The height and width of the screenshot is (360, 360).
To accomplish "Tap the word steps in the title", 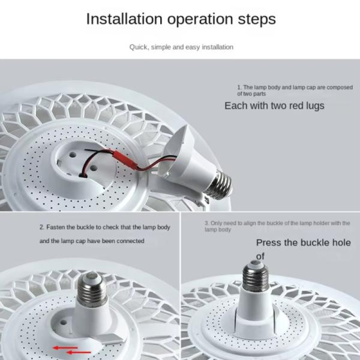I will (255, 19).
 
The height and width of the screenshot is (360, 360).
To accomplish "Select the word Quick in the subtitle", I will (139, 47).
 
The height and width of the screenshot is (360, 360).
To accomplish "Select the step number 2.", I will (41, 228).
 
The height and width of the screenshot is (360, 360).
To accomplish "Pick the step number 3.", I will (206, 223).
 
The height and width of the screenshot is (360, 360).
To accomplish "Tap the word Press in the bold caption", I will (269, 243).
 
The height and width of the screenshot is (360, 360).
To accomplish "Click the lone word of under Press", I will (260, 257).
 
